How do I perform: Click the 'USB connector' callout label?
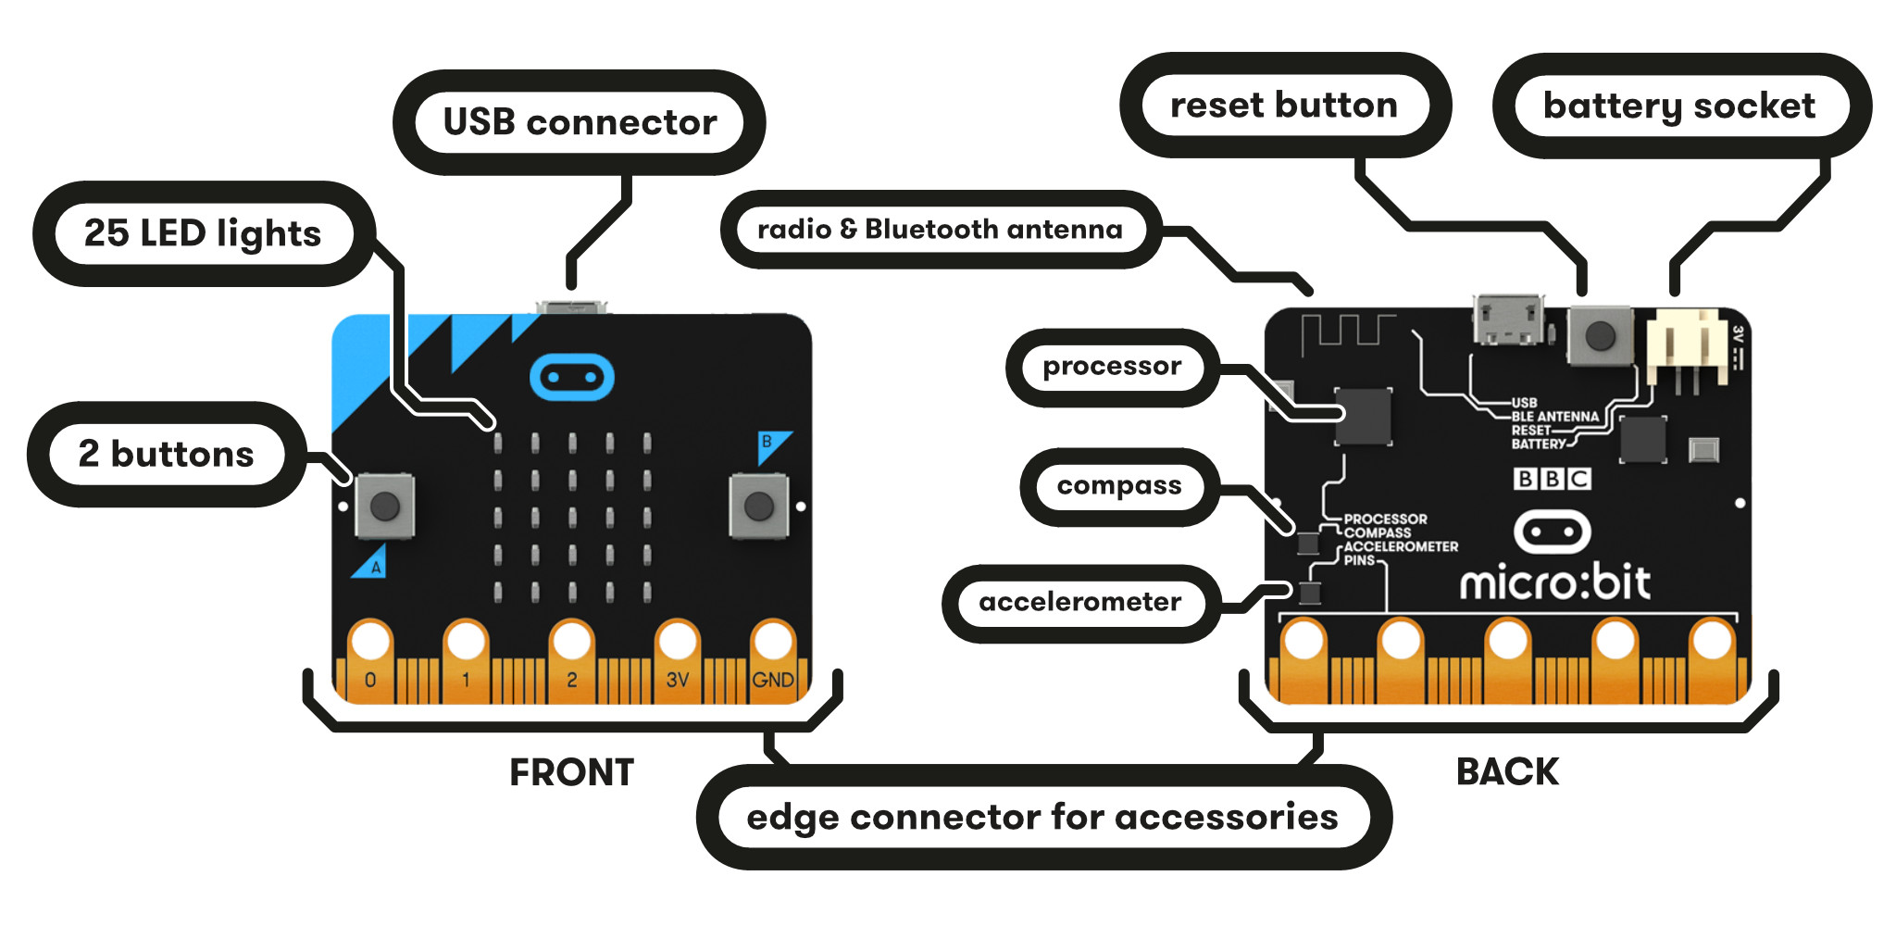coord(580,122)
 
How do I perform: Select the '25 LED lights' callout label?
coord(203,233)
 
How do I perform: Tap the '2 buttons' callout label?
coord(167,454)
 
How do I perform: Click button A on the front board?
coord(384,506)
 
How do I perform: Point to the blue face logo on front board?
coord(571,377)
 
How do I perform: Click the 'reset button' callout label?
coord(1284,106)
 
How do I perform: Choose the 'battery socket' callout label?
coord(1679,106)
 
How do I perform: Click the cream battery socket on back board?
coord(1685,347)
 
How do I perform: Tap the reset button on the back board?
coord(1600,335)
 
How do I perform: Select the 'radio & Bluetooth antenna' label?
coord(940,229)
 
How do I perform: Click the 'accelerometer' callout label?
coord(1079,603)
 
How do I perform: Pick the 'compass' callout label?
coord(1118,486)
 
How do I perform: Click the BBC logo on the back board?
coord(1552,479)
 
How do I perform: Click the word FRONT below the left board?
coord(571,772)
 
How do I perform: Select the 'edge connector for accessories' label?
coord(1042,817)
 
